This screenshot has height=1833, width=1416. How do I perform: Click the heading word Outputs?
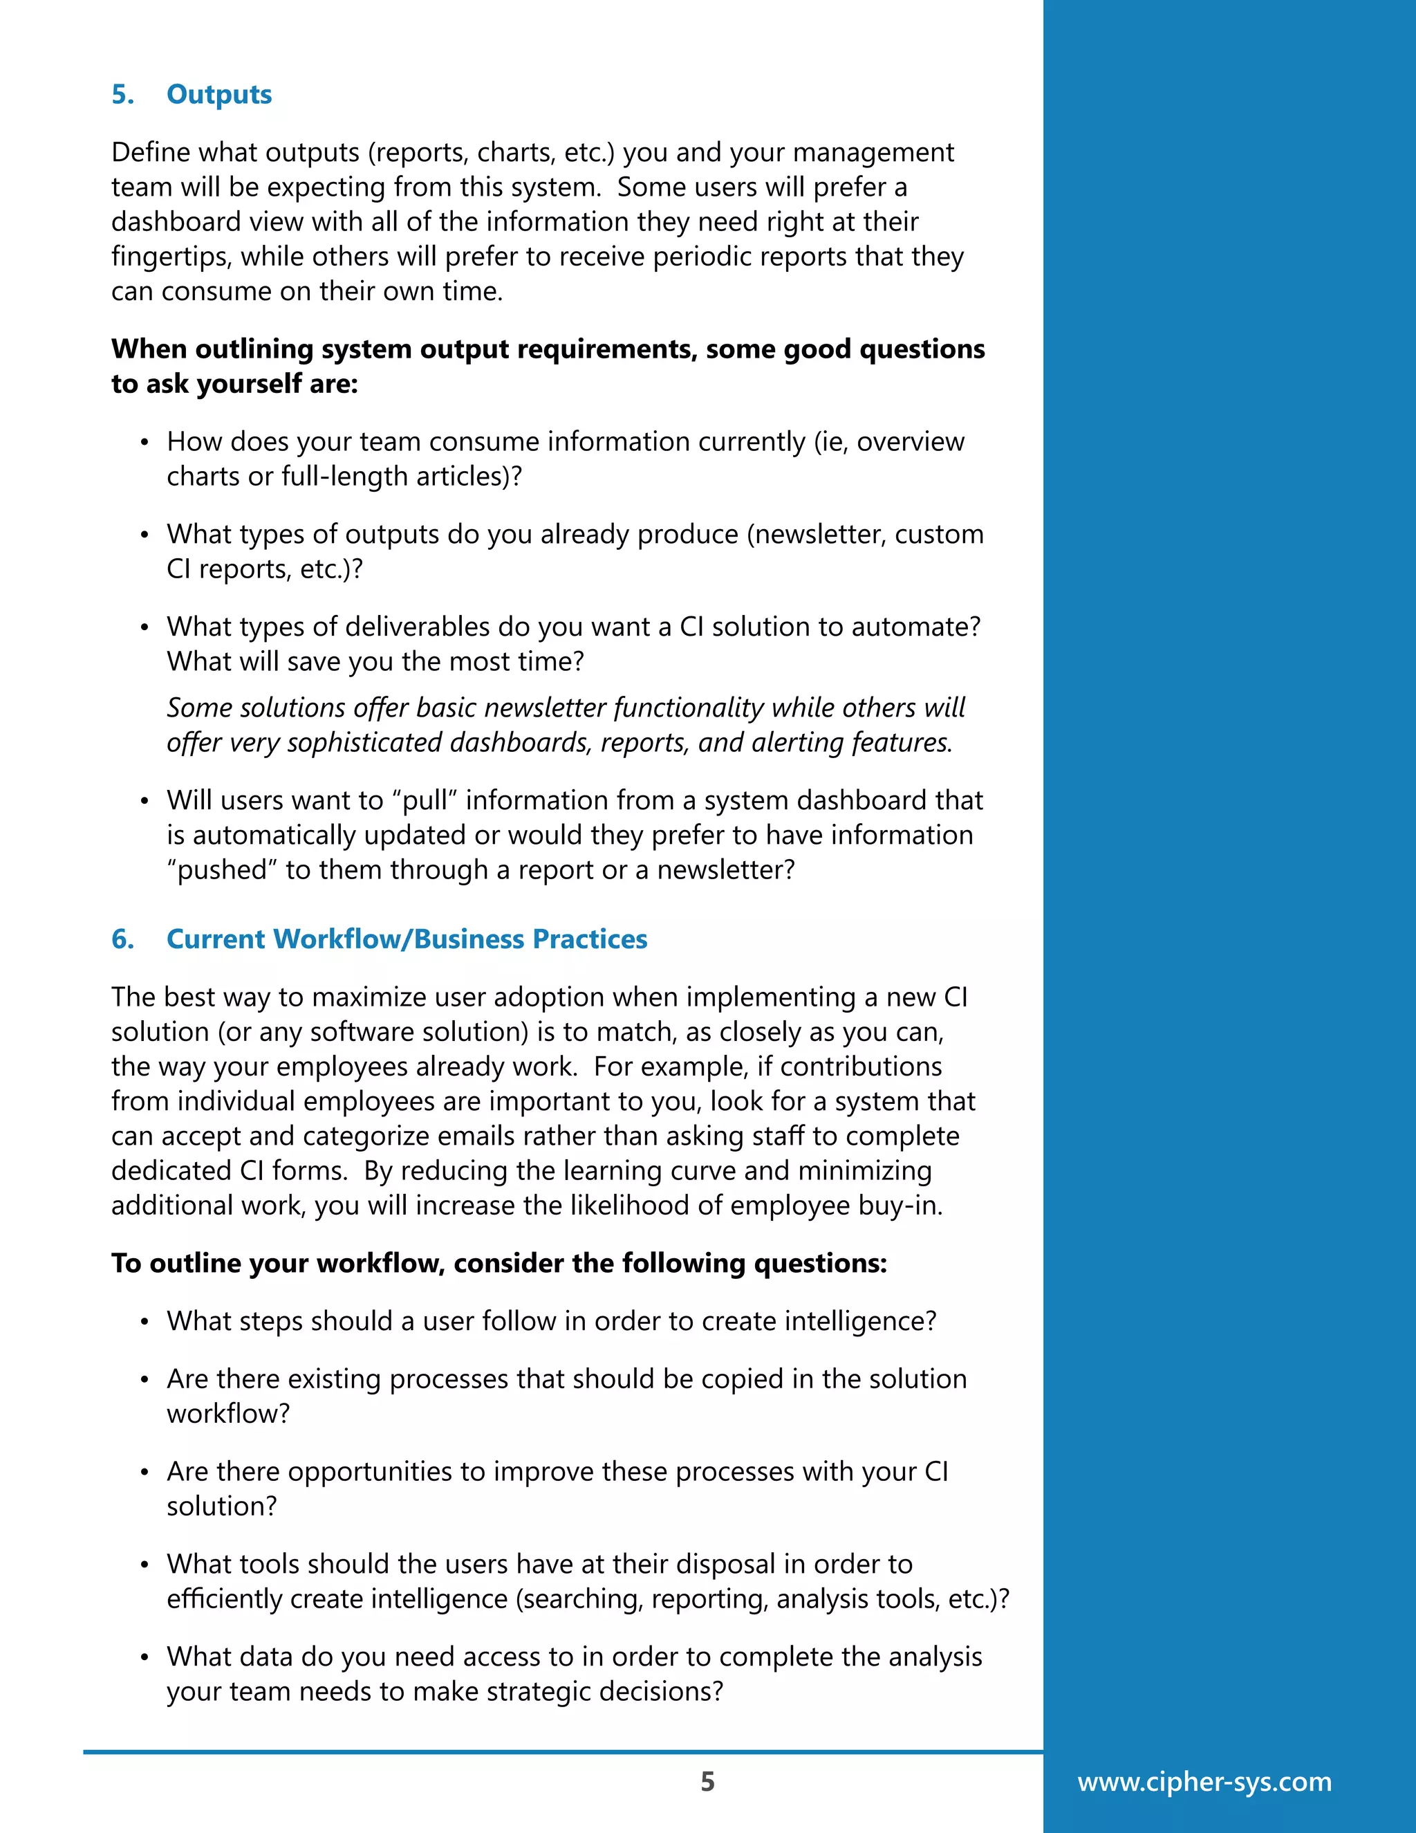click(219, 95)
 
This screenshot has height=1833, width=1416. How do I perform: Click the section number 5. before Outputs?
click(122, 95)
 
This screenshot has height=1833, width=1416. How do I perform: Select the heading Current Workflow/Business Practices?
click(407, 939)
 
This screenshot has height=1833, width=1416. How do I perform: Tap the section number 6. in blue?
click(122, 939)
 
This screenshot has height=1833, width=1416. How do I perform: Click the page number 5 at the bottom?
click(707, 1781)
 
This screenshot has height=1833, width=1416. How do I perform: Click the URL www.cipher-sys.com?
click(1204, 1781)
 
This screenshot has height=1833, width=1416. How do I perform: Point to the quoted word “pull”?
click(424, 801)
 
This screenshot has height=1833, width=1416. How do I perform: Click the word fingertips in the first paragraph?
click(172, 257)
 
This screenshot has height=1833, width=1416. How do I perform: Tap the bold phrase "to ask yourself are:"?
click(234, 385)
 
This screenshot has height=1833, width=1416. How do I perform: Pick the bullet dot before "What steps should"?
click(145, 1323)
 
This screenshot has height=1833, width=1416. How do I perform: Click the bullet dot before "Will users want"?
click(145, 802)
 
